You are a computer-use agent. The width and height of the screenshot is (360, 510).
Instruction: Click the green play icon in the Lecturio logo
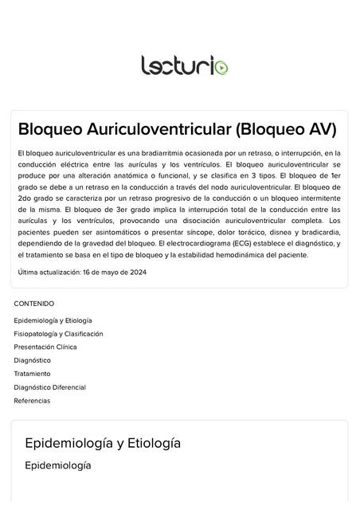221,66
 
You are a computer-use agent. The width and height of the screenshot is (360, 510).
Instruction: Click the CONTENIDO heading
34,304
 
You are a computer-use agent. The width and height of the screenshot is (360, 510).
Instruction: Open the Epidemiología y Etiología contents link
53,320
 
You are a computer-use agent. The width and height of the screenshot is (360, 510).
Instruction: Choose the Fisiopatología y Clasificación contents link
58,334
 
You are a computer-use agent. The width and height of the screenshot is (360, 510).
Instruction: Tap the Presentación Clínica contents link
45,347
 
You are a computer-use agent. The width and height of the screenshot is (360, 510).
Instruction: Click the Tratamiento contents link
32,374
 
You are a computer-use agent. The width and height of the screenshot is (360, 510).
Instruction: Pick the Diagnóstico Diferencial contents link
49,387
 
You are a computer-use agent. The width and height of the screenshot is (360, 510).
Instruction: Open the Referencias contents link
32,401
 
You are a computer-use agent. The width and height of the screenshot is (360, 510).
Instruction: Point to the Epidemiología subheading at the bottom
58,465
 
